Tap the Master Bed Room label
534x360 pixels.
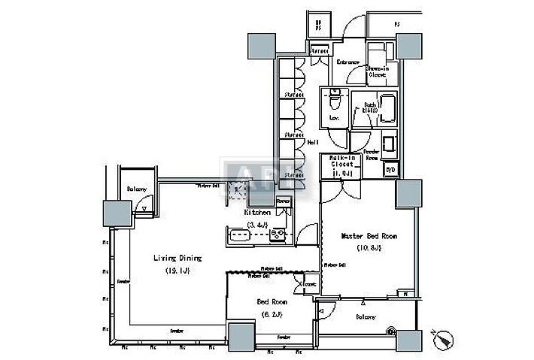tap(369, 235)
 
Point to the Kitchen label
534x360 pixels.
tap(257, 213)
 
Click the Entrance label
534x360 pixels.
tap(348, 62)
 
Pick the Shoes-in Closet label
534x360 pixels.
tap(377, 71)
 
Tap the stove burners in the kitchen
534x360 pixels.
tap(277, 235)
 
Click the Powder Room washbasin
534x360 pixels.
tap(390, 143)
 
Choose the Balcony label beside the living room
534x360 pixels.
tap(136, 189)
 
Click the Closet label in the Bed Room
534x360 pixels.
tap(309, 284)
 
